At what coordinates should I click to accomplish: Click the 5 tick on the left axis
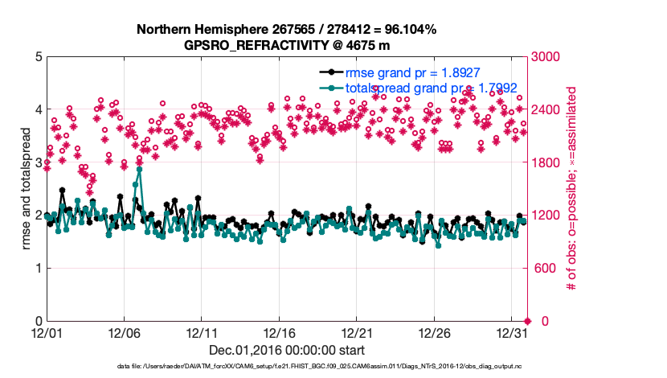pos(37,57)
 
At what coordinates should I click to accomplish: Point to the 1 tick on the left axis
pos(37,269)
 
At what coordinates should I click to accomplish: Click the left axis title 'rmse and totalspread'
pos(25,189)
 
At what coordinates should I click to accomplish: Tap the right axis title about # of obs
pos(572,189)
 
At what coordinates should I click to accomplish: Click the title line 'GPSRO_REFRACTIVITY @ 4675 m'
pos(287,45)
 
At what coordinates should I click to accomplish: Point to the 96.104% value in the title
pos(406,30)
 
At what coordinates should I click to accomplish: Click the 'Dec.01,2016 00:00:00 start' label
pos(287,350)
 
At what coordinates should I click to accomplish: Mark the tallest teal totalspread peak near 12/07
pos(139,170)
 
